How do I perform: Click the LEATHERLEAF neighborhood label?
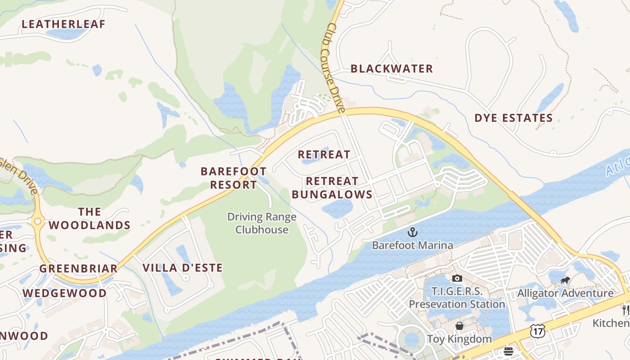[63, 24]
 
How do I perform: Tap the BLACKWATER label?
[391, 69]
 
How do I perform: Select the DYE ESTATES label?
[513, 118]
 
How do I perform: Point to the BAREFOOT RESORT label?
[233, 178]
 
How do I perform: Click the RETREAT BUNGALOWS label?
[332, 188]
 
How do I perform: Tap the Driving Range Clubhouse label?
[262, 223]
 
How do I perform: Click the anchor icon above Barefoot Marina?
[412, 232]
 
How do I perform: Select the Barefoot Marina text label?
[412, 245]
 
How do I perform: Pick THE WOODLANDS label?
[90, 219]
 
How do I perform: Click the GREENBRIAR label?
[78, 269]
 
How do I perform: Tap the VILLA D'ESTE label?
[183, 268]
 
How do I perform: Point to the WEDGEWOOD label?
[65, 293]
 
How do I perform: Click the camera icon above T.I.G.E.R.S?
[457, 278]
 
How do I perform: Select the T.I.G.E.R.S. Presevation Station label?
[457, 298]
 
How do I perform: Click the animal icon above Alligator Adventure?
[565, 280]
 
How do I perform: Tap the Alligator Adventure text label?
[565, 293]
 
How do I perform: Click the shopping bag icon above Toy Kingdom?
[459, 325]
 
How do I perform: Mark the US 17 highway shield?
[537, 331]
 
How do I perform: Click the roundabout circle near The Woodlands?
[37, 221]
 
